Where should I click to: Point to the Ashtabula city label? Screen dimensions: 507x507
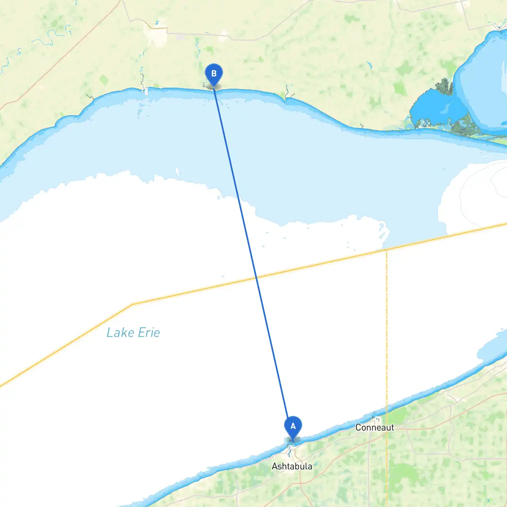[x=292, y=466]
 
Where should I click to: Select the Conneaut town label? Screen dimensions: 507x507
[x=374, y=427]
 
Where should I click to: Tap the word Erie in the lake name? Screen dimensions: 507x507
[x=149, y=333]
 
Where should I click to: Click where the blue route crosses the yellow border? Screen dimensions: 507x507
[x=256, y=278]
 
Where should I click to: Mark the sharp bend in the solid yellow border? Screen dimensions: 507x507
[x=132, y=304]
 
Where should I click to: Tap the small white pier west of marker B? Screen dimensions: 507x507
[x=146, y=91]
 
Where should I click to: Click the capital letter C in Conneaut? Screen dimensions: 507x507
[x=358, y=428]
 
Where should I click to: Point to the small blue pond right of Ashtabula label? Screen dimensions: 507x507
[x=316, y=463]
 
